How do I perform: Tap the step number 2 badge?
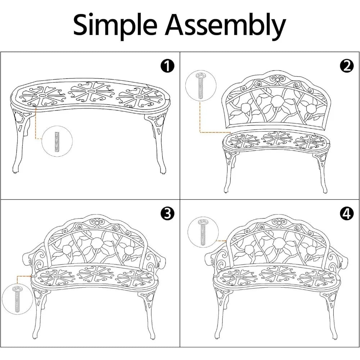click(x=346, y=66)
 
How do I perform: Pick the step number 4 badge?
click(x=346, y=214)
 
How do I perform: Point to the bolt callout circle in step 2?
click(x=201, y=86)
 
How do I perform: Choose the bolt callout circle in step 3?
click(x=17, y=298)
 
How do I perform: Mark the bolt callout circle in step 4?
click(x=204, y=232)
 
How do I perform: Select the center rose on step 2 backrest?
click(x=277, y=102)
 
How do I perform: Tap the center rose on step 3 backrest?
click(x=97, y=244)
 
